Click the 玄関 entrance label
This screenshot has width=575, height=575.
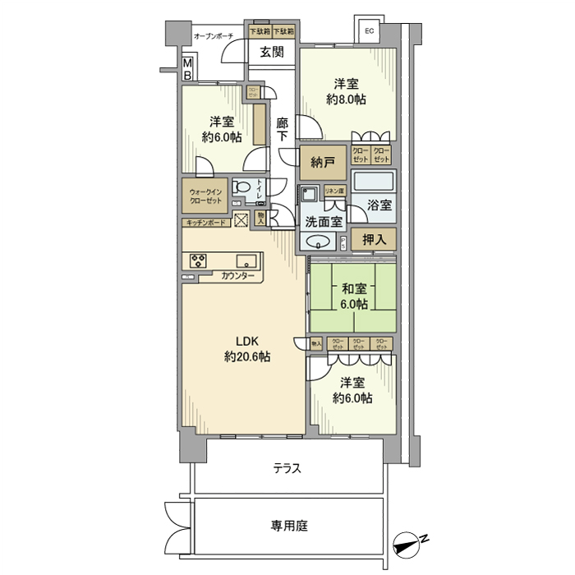pos(272,53)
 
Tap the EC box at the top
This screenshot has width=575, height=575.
pos(369,31)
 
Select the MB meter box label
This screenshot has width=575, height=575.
pos(187,69)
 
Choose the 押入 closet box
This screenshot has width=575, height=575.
pos(374,239)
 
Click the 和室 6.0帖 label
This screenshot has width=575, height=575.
pos(353,296)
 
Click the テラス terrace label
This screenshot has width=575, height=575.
pos(287,469)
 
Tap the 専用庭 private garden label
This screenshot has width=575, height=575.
pos(289,525)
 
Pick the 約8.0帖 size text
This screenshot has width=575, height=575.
pos(346,99)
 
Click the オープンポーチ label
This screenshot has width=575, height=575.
pos(214,36)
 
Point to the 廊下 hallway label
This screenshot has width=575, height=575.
pos(283,130)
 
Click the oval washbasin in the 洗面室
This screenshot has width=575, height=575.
pos(319,241)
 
